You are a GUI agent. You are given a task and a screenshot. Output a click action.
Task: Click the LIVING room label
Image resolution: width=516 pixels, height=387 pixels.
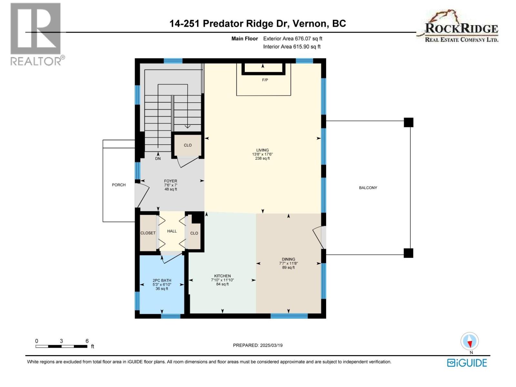tap(262, 150)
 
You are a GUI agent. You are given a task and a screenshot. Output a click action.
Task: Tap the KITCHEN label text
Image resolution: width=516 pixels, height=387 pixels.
tap(222, 276)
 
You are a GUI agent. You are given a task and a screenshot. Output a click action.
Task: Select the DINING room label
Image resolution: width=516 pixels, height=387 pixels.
tap(288, 259)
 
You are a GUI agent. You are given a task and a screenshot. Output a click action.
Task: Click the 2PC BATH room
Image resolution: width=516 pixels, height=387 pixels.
tap(162, 284)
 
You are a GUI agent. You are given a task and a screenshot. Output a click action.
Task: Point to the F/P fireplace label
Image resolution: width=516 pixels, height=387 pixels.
tap(265, 80)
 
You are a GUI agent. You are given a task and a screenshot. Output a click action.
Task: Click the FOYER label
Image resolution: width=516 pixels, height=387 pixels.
tap(170, 181)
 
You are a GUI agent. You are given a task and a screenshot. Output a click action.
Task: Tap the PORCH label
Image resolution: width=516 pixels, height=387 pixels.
tap(119, 185)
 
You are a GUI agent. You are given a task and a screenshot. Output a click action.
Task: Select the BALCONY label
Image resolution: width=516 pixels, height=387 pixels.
tap(368, 188)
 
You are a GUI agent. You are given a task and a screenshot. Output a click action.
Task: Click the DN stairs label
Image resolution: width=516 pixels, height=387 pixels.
tap(158, 159)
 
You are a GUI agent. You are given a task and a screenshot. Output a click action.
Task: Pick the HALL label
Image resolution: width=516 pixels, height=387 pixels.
tap(172, 231)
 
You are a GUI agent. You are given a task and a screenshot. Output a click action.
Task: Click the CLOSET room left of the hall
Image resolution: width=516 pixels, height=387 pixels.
tap(148, 233)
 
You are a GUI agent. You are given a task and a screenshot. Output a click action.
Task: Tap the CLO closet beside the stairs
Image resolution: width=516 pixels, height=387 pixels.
tap(188, 145)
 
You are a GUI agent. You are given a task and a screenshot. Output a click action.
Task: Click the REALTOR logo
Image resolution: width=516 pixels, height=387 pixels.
tap(36, 34)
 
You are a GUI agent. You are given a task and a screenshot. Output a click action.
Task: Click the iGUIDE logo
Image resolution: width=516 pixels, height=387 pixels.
tap(467, 363)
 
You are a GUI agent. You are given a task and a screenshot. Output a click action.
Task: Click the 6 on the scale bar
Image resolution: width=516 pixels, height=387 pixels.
tap(87, 341)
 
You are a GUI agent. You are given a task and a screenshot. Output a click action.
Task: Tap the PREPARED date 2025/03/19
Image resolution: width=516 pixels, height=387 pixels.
tap(258, 345)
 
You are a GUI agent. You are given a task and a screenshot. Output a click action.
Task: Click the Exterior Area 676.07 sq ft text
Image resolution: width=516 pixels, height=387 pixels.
tap(293, 39)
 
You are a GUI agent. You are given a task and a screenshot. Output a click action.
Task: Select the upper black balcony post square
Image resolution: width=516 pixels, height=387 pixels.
tap(408, 123)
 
